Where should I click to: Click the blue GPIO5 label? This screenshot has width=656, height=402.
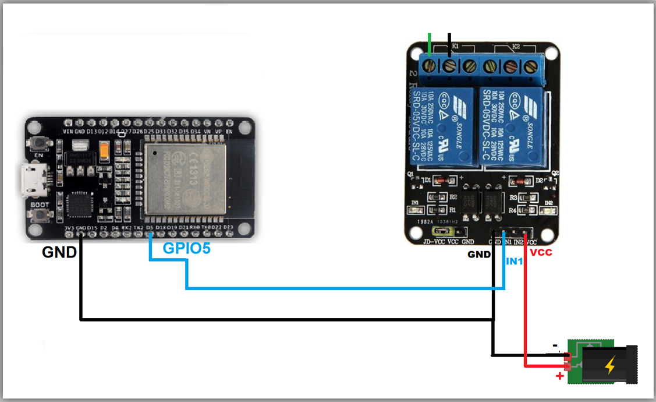pos(186,248)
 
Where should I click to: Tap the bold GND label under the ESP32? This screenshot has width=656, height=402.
pos(59,252)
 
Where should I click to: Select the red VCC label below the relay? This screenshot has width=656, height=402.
pos(541,253)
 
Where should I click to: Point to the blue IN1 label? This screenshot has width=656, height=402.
pos(514,262)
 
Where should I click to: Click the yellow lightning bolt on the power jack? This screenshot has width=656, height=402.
pos(609,365)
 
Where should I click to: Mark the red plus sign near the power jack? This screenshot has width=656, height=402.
pos(560,376)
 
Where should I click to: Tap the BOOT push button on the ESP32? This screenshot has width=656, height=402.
pos(40,216)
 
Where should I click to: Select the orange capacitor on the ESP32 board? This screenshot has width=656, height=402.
pos(105,152)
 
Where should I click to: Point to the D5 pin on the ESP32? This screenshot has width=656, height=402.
pos(150,235)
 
